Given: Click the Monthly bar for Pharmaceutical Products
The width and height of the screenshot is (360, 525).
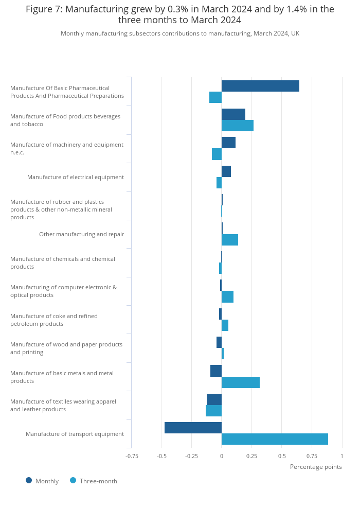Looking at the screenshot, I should coord(260,86).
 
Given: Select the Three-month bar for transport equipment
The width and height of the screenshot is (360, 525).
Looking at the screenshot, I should coord(275,439).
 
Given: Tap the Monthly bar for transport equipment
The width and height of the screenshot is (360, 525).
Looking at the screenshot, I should coord(193,428).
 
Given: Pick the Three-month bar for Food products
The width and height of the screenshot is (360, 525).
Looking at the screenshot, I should coord(238,126).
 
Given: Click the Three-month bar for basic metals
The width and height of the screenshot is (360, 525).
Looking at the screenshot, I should coord(241,382).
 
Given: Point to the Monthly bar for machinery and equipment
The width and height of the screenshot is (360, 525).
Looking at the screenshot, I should coord(228,143).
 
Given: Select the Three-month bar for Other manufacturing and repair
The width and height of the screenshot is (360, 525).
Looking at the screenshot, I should coord(230,240).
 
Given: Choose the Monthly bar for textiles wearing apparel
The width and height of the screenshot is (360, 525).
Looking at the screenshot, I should coord(214,399).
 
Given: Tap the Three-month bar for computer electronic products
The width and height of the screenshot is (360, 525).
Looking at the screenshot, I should coord(227,297).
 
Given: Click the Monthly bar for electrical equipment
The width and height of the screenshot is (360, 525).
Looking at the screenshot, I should coord(226,171).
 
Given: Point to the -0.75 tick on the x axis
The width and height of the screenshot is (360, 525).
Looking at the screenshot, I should coord(132,456).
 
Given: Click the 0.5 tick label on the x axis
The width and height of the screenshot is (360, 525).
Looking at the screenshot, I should coord(282,456).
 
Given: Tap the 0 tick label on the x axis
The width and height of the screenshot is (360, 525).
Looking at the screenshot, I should coord(222,456).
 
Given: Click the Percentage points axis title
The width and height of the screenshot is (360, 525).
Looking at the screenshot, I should coord(316,467).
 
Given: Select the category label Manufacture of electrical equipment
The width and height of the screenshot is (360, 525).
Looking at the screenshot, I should coord(76,177).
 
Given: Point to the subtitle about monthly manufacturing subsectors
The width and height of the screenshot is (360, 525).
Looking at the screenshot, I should coord(180,33).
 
